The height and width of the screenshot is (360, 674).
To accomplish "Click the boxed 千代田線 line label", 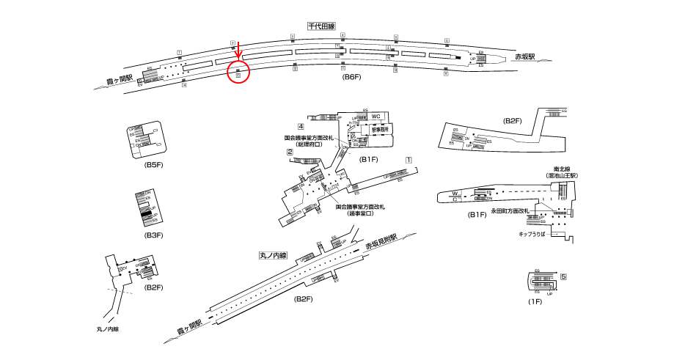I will [321, 26].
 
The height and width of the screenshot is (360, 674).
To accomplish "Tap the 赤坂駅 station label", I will [525, 56].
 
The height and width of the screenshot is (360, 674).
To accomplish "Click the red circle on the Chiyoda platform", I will [239, 73].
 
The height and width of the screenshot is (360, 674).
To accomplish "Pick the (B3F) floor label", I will [153, 235].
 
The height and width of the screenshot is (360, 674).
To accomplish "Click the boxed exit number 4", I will [301, 127].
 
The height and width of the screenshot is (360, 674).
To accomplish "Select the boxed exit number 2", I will [290, 153].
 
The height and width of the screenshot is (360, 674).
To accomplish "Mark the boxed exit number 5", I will [564, 276].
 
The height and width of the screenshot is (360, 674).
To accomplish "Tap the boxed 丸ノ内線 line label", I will [274, 256].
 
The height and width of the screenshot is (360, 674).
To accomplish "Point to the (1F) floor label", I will [535, 302].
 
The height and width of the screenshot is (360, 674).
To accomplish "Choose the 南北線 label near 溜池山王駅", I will [563, 169].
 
